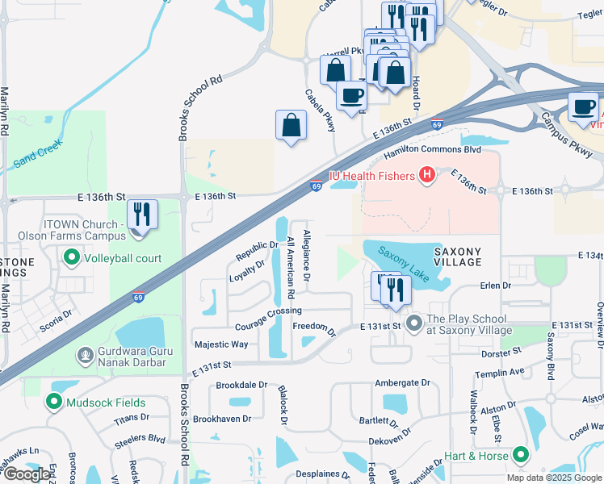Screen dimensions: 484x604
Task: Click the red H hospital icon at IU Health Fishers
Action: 426,175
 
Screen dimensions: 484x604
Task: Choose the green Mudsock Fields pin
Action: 55,402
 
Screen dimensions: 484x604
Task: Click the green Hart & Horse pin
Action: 521,456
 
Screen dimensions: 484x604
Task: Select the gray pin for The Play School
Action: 415,324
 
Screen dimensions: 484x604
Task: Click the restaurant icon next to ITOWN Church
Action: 142,215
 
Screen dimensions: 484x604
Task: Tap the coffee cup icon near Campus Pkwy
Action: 584,106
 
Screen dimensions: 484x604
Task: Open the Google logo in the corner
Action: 27,474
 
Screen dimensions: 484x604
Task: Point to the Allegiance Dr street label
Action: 307,256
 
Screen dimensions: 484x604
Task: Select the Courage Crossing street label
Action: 268,311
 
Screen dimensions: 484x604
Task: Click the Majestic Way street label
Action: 221,344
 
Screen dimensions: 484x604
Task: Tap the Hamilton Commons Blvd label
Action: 431,150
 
